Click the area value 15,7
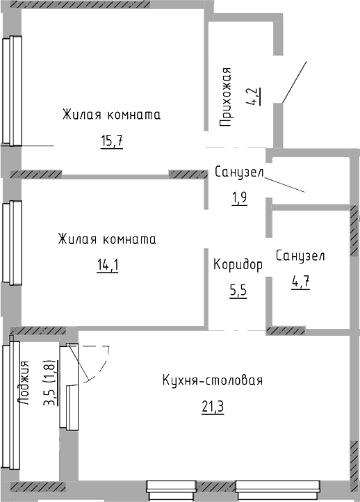coord(112,141)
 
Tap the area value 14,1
coord(108,265)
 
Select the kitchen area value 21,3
coord(213,407)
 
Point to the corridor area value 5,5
coord(238,291)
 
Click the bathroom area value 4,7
coord(300,282)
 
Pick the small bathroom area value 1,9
coord(239,198)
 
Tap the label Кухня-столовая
coord(213,380)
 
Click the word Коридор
coord(238,265)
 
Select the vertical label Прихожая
coord(226,97)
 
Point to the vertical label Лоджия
coord(24,383)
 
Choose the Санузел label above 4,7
coord(300,256)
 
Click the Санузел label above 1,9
coord(239,172)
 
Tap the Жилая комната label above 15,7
coord(111,114)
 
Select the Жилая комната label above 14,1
coord(107,239)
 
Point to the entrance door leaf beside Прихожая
coord(295,82)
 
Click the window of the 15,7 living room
coord(12,91)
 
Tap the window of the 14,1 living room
coord(12,243)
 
